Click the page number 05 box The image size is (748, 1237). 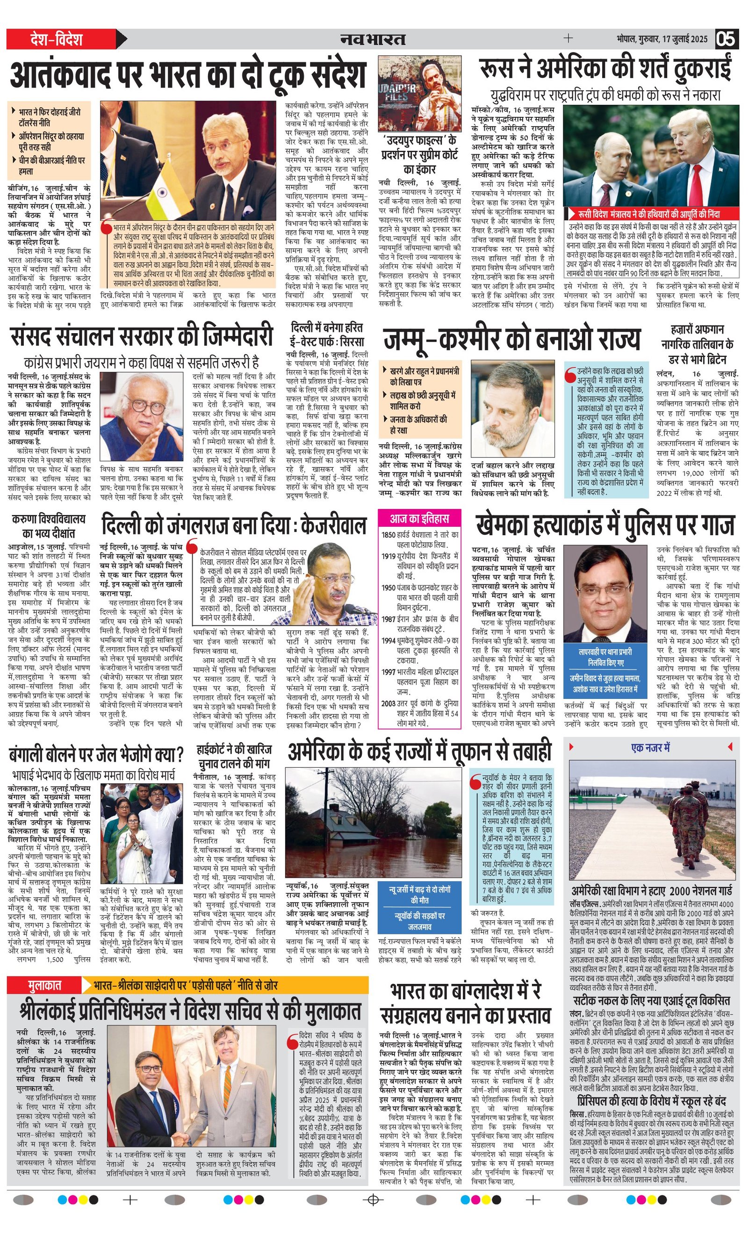point(726,39)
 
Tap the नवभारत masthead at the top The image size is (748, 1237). point(373,39)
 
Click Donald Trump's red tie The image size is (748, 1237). point(696,186)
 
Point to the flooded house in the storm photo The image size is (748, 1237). point(341,823)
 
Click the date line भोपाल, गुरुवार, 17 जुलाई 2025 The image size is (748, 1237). point(662,39)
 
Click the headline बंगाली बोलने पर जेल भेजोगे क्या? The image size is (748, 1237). point(96,755)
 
